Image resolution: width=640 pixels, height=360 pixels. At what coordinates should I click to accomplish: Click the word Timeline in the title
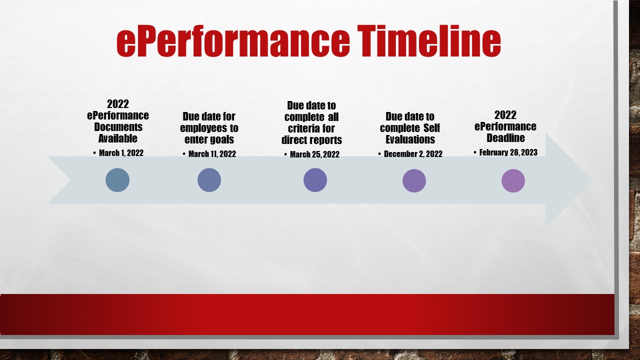429,41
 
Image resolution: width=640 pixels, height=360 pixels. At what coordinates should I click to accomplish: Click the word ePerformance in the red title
233,41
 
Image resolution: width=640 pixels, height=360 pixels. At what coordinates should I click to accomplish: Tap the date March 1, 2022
121,153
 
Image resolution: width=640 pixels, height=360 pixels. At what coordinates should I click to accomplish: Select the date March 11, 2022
212,154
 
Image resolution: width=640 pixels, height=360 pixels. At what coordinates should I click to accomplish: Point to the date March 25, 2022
314,154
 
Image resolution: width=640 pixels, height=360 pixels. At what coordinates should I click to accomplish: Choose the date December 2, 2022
413,154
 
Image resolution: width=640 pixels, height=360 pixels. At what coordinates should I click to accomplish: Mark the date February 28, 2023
508,152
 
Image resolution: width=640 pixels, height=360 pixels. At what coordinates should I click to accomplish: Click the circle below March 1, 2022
117,180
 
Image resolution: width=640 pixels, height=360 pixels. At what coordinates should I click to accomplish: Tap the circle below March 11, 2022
209,180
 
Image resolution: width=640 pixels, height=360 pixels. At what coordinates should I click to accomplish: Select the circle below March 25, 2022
315,180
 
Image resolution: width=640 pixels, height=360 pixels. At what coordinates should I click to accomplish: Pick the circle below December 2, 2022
414,180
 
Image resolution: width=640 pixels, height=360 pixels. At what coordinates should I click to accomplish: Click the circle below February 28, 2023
513,180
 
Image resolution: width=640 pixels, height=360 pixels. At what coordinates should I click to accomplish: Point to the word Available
117,138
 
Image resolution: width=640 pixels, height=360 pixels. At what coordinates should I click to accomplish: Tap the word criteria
303,128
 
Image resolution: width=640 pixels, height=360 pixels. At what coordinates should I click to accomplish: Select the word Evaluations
410,139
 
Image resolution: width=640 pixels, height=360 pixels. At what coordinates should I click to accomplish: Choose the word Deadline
505,138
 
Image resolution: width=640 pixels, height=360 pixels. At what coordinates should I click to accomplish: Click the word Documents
118,127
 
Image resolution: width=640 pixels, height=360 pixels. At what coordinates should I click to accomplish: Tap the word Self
431,128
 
